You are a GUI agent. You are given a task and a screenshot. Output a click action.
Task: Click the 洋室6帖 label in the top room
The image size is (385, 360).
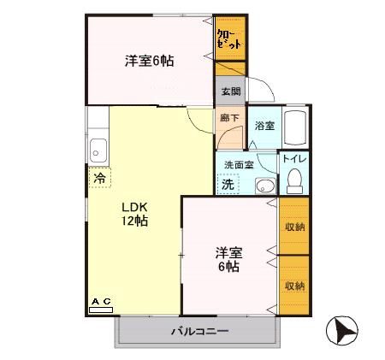[150, 61]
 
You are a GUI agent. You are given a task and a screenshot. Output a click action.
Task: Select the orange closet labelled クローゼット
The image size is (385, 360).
[228, 38]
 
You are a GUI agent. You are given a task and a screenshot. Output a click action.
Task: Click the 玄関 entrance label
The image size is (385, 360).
[230, 91]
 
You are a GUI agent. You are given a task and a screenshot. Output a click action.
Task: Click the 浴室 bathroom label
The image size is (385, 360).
[264, 126]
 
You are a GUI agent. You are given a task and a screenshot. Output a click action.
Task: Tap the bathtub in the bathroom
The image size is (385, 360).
[294, 130]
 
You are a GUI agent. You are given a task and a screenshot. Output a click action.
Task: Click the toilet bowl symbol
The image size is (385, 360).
[294, 180]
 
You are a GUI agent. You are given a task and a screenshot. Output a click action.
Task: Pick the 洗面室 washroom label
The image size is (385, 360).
[237, 164]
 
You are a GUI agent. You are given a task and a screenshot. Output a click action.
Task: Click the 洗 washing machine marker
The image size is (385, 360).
[228, 184]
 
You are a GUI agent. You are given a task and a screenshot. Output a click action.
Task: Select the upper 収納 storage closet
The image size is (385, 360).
[294, 226]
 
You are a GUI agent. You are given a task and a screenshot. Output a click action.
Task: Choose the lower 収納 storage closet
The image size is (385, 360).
[294, 286]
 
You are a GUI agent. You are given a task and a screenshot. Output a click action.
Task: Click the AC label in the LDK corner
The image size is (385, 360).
[101, 301]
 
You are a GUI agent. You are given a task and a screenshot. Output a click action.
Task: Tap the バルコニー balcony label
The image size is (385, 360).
[198, 331]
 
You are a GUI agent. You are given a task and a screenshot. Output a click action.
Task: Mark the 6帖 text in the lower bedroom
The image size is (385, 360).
[228, 267]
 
